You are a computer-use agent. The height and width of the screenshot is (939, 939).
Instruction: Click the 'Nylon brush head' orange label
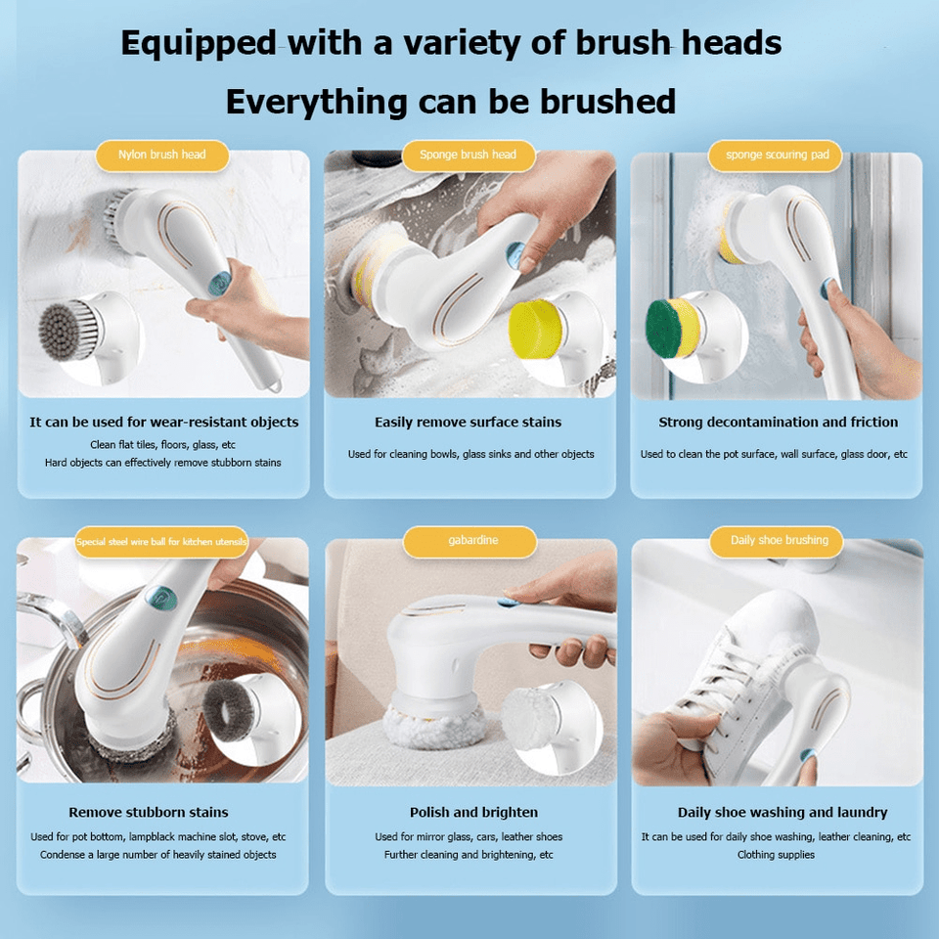point(162,156)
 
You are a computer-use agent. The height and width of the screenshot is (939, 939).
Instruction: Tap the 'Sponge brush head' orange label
point(468,156)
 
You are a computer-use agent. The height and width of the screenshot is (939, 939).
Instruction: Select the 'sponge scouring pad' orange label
point(777,156)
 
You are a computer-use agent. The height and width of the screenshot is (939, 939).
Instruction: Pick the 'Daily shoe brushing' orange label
point(779,541)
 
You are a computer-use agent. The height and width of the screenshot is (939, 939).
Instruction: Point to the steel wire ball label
point(161,541)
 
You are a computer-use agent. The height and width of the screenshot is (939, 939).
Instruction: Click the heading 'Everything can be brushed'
point(450,102)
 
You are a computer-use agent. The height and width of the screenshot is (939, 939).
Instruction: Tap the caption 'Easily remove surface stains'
point(468,423)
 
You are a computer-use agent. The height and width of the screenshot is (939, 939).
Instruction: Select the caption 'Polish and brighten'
point(473,813)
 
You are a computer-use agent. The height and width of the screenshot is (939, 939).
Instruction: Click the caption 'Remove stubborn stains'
point(149,813)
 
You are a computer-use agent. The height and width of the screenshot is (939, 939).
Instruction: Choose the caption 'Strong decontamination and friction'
point(778,423)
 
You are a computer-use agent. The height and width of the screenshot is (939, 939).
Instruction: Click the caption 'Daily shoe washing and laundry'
point(782,813)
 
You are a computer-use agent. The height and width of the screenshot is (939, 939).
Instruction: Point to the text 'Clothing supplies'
point(776,855)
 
